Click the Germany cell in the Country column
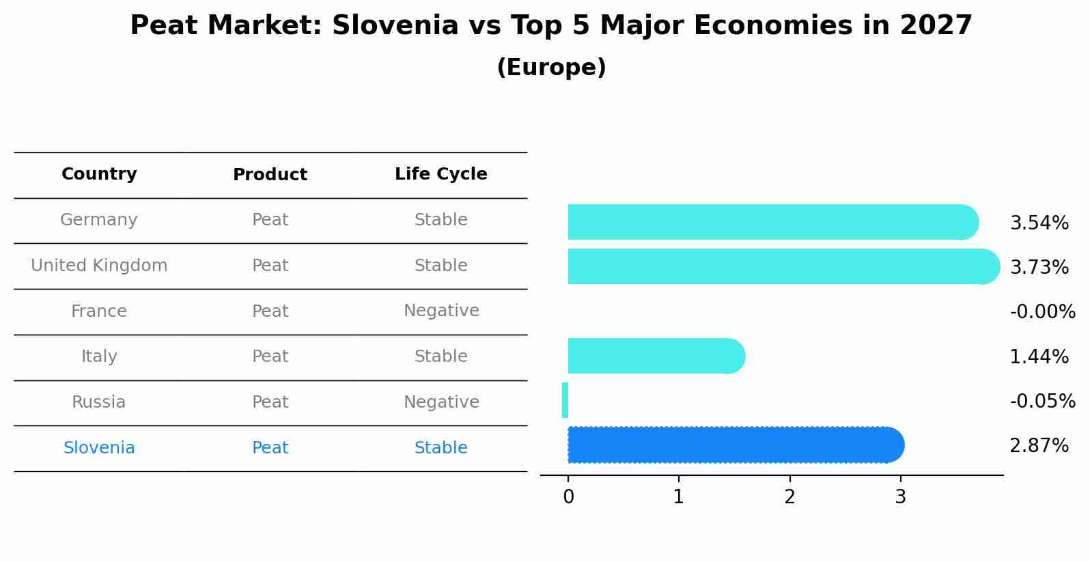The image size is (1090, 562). point(99,220)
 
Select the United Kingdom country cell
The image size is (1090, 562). point(99,266)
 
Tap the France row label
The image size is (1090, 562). point(99,311)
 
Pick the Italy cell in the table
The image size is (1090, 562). point(99,356)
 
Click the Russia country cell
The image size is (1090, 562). point(99,402)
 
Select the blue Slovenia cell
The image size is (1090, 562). point(99,448)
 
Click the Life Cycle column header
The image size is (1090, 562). point(441,174)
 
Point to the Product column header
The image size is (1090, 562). point(270,175)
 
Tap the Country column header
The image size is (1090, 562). point(99,174)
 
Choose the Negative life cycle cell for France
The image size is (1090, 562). point(441,311)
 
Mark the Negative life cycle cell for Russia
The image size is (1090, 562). point(441,402)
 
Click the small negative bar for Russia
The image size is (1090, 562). point(565,400)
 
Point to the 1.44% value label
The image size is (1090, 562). point(1039,356)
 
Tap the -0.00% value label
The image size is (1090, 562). point(1042,312)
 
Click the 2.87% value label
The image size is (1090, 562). point(1039,446)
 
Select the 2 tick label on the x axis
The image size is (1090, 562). point(789,497)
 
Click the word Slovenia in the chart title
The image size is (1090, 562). point(395,26)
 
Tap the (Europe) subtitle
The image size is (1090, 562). point(551,68)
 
